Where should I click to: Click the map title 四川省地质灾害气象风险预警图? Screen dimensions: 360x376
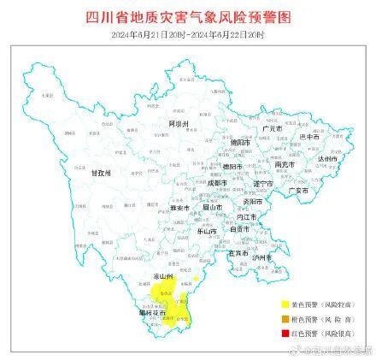pos(189,16)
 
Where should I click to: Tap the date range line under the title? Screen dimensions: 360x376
pos(189,33)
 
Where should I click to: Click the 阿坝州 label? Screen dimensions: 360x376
pos(179,125)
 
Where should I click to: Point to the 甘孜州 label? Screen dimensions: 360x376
pos(103,171)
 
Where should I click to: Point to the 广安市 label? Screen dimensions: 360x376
pos(298,191)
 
